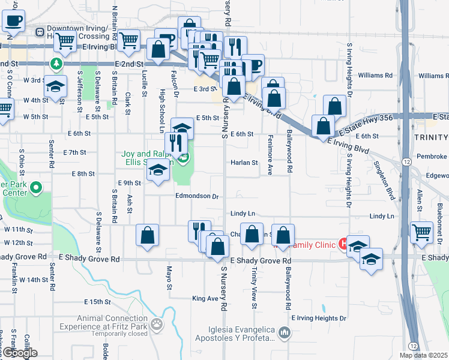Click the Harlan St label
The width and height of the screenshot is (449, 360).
point(245,163)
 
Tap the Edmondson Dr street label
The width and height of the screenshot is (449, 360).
point(196,196)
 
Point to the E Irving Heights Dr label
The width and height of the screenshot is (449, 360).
point(319,318)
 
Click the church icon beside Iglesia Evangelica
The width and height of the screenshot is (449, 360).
point(286,332)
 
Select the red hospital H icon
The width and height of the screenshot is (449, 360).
point(343,244)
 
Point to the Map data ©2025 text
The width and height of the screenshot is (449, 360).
point(423,355)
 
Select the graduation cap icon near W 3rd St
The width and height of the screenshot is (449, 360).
point(55,87)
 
